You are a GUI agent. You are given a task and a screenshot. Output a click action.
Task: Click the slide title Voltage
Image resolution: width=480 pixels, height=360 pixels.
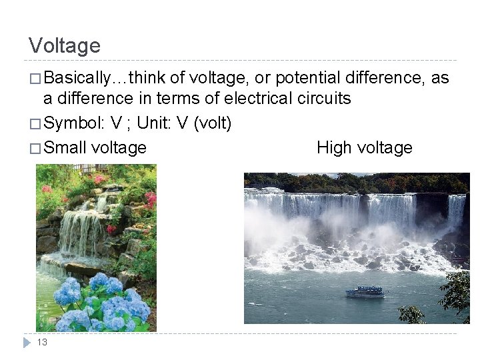(65, 45)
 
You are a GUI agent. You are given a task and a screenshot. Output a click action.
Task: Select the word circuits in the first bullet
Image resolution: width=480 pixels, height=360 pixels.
(323, 99)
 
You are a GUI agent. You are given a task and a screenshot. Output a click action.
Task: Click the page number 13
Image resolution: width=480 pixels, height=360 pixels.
(42, 342)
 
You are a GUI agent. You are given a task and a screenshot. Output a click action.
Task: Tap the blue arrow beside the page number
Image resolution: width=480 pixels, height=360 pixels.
(27, 342)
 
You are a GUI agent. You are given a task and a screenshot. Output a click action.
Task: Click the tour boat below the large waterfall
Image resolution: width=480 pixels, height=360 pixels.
(364, 292)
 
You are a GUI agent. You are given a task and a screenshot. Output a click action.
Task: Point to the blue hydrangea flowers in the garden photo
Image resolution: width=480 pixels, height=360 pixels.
(100, 303)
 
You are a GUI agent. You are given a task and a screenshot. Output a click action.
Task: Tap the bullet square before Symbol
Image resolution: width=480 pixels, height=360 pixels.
(35, 124)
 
